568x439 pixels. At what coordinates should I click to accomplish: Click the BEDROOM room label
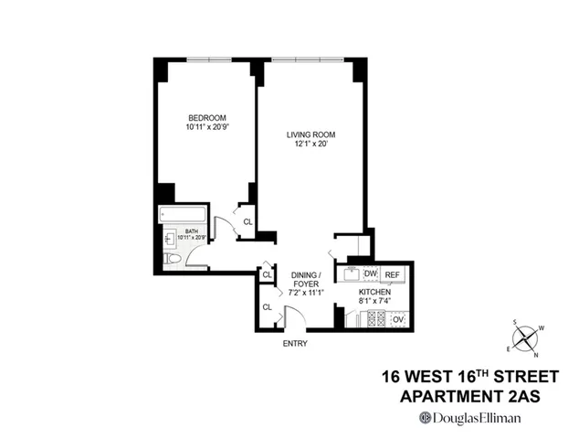point(207,117)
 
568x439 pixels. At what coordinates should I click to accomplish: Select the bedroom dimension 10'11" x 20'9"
point(207,127)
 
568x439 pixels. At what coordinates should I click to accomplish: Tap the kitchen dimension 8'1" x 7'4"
point(374,301)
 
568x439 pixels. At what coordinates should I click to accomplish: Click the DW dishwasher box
point(371,273)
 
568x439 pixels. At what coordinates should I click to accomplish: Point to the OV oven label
point(397,319)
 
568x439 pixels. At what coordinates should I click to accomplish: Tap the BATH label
point(192,231)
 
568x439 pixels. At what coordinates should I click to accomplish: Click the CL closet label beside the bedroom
point(247,220)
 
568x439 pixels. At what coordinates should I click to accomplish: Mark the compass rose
point(526,338)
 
